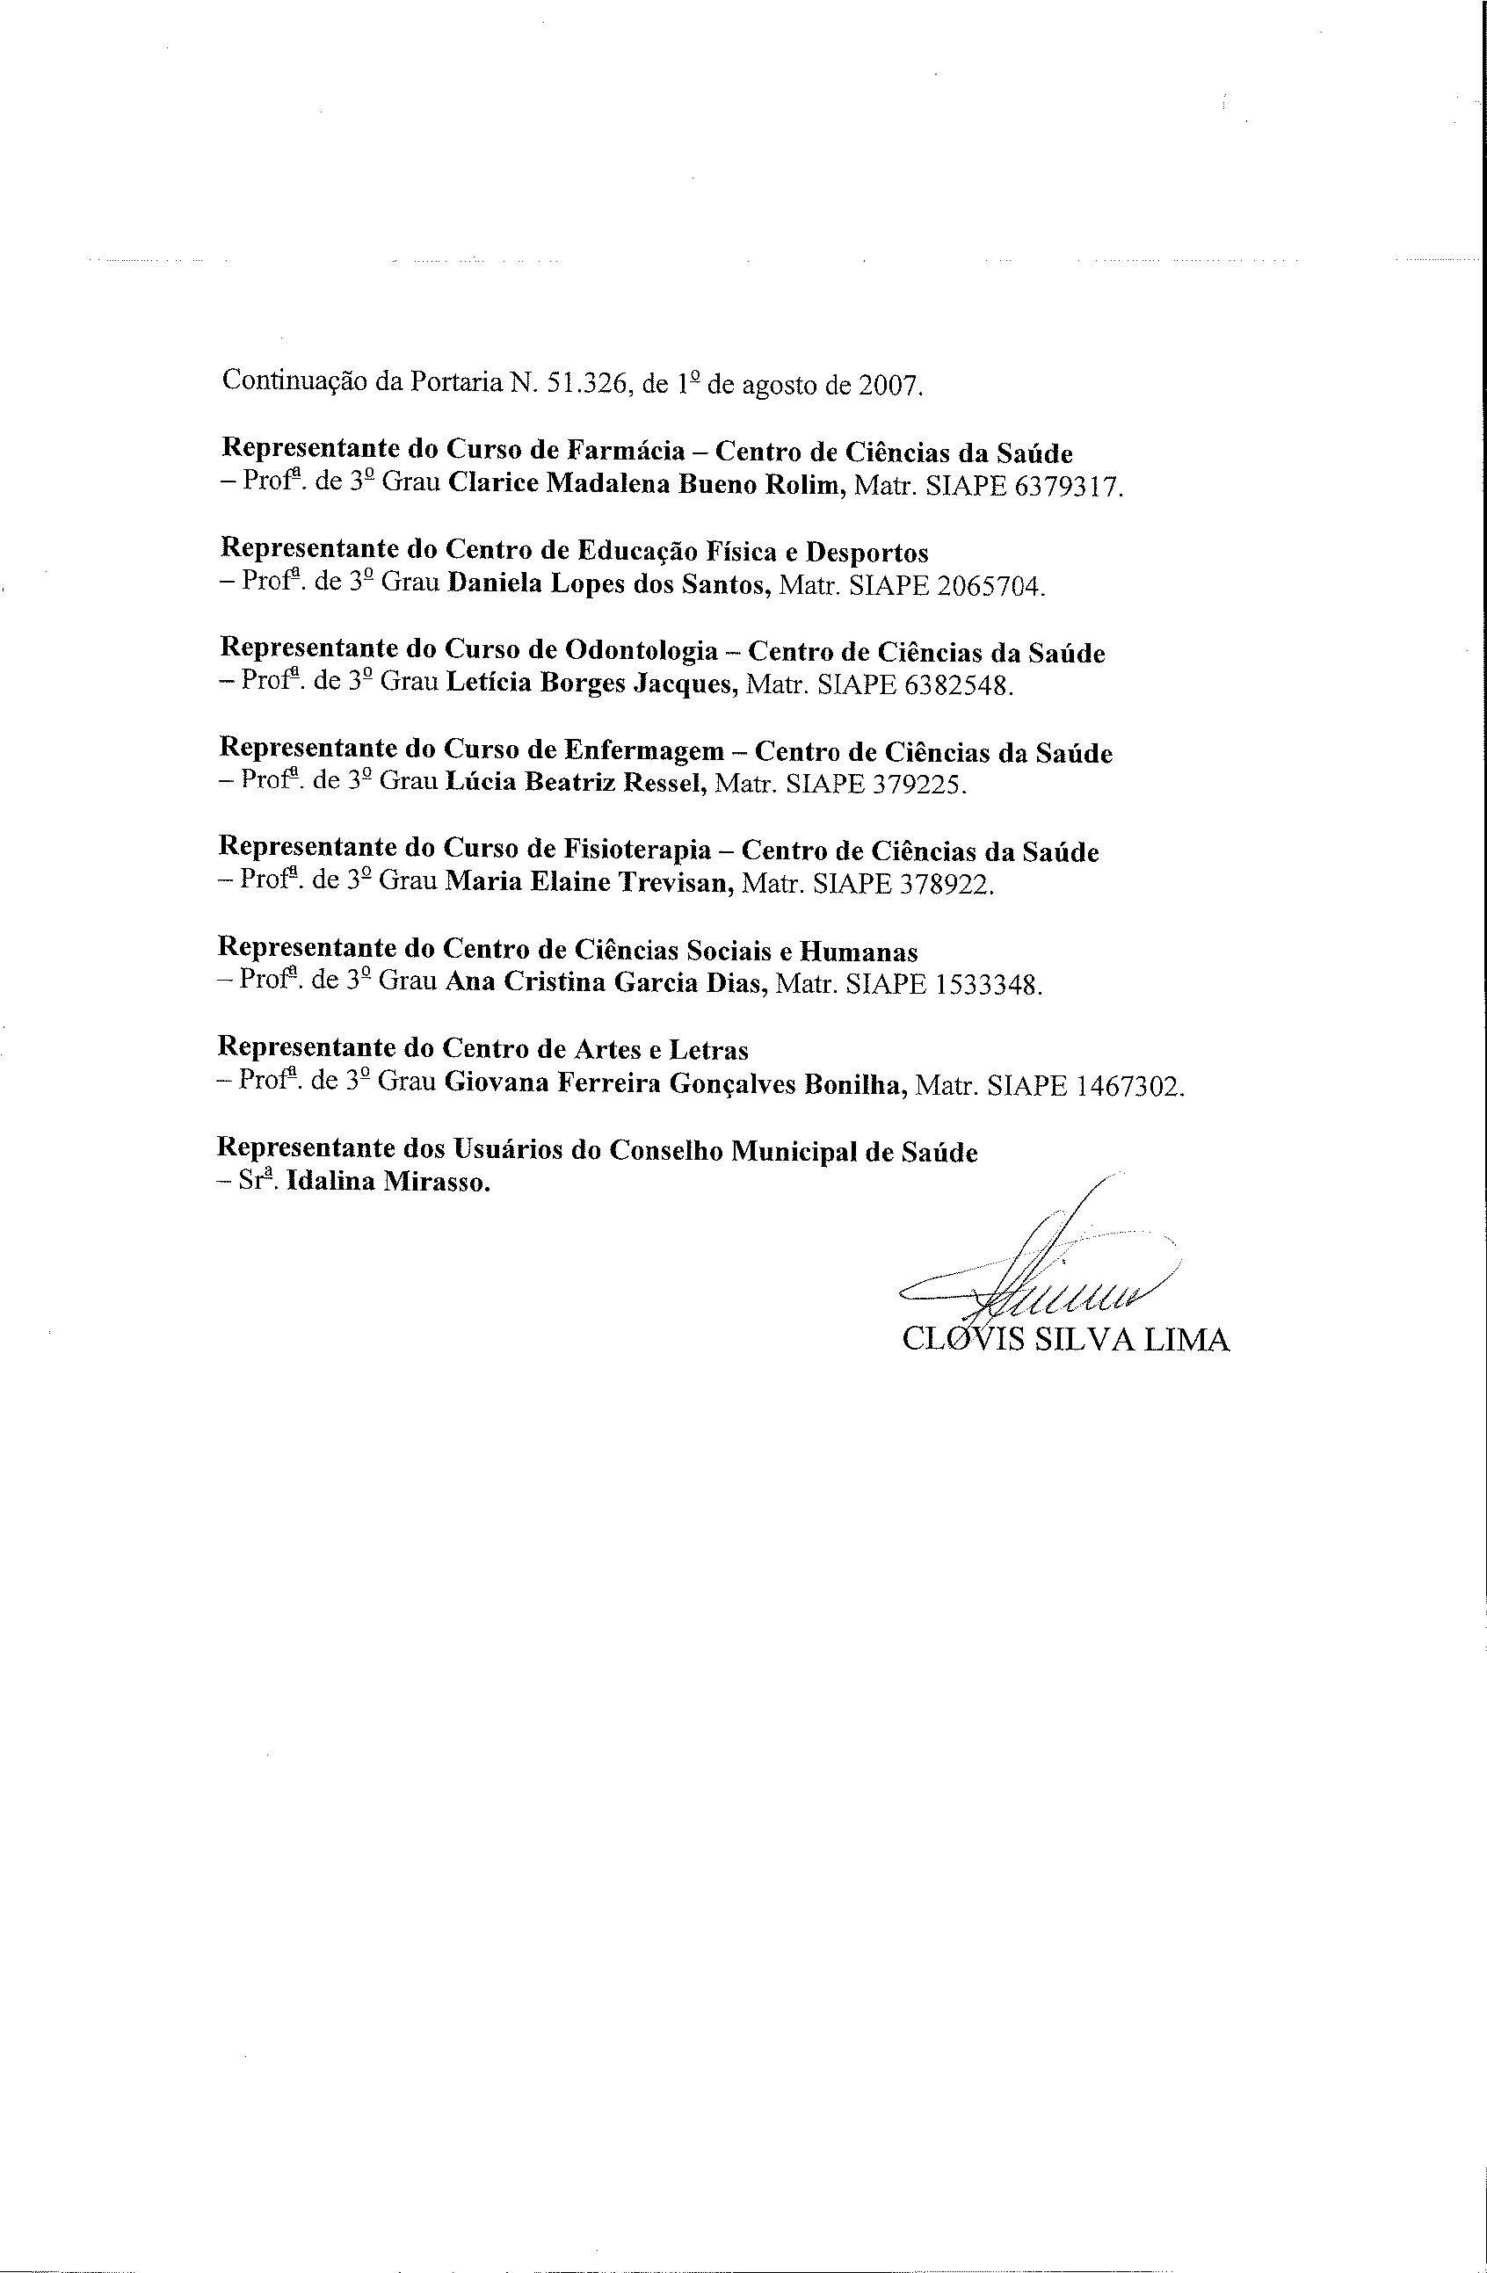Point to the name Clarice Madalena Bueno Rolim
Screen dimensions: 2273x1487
(x=646, y=484)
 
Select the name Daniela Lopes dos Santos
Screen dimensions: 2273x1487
(x=609, y=583)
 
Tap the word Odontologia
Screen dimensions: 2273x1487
(x=642, y=650)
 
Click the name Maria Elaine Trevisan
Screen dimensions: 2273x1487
(x=589, y=882)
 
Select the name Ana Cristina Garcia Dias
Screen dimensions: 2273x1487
(x=606, y=981)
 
